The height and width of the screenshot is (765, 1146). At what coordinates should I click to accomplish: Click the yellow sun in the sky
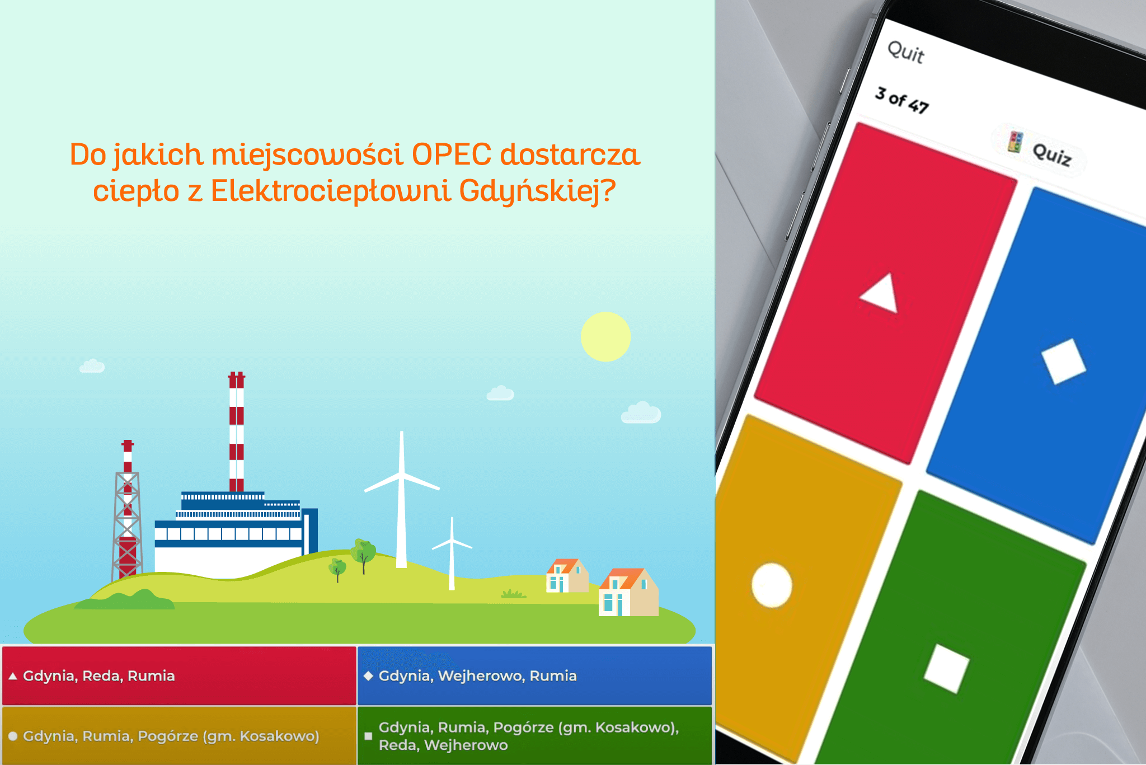(605, 336)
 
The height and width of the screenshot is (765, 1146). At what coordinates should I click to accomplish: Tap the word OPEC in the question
(451, 154)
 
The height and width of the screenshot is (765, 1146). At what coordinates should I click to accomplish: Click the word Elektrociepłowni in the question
(331, 191)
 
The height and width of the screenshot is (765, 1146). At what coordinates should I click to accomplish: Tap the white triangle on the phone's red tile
(881, 293)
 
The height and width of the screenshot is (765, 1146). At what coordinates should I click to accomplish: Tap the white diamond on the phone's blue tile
(1063, 361)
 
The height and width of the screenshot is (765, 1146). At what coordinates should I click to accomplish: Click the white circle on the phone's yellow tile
(772, 585)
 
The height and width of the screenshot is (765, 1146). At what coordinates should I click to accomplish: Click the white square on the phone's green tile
(946, 669)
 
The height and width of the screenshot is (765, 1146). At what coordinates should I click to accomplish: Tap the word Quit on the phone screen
(906, 52)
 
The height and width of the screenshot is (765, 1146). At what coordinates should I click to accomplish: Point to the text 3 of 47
(902, 100)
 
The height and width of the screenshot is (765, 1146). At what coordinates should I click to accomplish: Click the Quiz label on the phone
(1051, 154)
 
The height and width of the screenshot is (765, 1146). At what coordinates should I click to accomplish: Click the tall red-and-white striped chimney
(237, 431)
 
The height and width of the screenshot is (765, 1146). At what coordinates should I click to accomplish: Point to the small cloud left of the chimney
(92, 366)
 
